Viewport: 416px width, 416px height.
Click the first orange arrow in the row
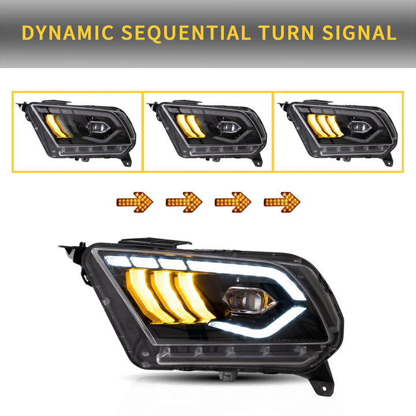click(x=135, y=202)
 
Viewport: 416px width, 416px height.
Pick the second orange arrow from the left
click(x=184, y=202)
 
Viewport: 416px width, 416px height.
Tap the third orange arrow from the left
click(x=233, y=202)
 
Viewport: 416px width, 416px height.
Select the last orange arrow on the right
click(x=282, y=202)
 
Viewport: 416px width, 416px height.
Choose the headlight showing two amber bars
click(x=208, y=132)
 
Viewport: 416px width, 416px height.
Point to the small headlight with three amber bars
click(x=337, y=132)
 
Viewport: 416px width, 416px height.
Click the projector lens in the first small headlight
click(x=95, y=127)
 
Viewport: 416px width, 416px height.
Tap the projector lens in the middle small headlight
click(x=224, y=127)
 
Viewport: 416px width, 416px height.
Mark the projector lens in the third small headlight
click(x=354, y=127)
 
